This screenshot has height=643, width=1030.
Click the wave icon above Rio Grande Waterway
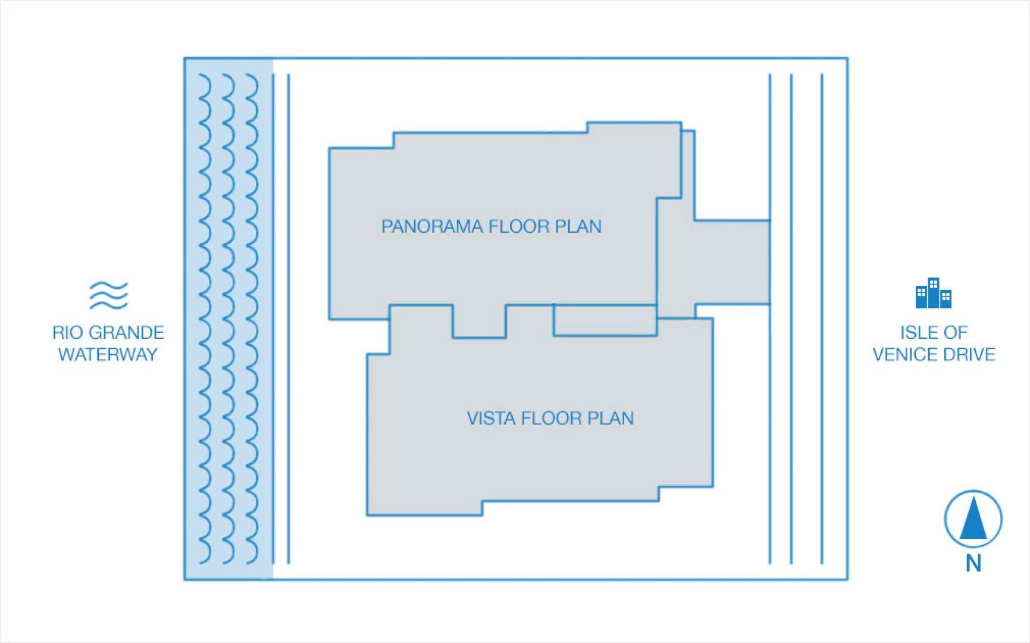108,295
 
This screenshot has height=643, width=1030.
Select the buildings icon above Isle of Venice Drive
933,293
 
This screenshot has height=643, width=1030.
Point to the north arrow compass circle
973,519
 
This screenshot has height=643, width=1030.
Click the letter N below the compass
973,563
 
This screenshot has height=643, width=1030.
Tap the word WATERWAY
108,355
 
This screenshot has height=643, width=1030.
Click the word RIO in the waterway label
67,332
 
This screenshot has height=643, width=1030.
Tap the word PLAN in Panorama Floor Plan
578,227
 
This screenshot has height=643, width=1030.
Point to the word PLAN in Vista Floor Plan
611,419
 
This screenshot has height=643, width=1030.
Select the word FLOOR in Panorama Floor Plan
518,227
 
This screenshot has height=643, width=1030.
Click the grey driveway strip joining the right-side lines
732,262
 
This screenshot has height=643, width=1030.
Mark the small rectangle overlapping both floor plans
605,321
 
